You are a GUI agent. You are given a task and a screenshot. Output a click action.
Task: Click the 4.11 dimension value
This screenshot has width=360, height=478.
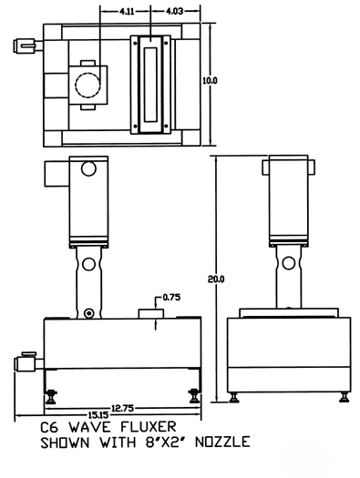coord(127,12)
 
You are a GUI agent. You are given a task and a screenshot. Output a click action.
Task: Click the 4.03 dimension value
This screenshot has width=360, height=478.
coord(174,11)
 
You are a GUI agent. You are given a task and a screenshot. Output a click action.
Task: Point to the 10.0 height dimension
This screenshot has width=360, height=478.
coord(210,80)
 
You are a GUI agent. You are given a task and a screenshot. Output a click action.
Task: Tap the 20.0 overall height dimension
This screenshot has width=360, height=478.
coord(216,279)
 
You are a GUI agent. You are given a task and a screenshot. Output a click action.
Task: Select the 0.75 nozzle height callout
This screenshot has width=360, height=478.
coord(171,297)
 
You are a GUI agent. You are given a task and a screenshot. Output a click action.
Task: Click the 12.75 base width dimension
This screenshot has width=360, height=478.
coord(123,408)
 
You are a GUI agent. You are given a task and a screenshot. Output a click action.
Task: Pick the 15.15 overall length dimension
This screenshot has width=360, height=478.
coord(98,415)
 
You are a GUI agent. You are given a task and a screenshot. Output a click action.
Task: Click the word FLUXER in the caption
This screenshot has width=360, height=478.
coord(149,427)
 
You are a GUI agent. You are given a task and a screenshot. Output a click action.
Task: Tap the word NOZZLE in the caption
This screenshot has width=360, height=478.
coord(222,442)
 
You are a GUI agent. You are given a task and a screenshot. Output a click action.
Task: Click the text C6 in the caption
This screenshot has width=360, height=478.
coord(49,427)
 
